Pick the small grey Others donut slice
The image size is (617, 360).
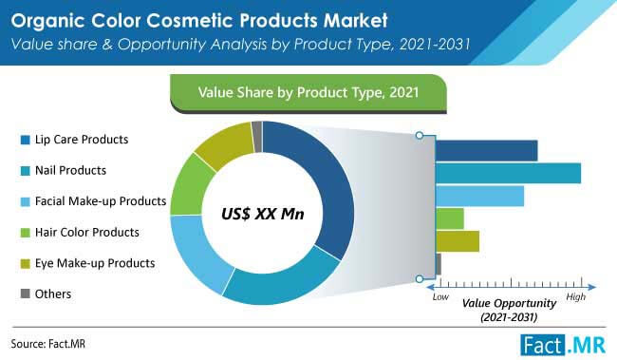click(x=256, y=136)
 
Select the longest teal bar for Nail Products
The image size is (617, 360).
click(x=508, y=173)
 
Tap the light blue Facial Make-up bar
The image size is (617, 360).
click(x=479, y=196)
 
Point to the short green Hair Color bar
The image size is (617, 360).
click(x=450, y=218)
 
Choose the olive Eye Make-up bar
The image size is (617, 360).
click(x=458, y=241)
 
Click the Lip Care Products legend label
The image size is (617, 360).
click(x=81, y=141)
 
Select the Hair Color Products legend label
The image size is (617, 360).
click(x=86, y=232)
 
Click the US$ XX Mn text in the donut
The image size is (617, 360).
click(x=263, y=214)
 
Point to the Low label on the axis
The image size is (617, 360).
click(x=439, y=297)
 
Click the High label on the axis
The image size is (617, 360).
click(x=575, y=297)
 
